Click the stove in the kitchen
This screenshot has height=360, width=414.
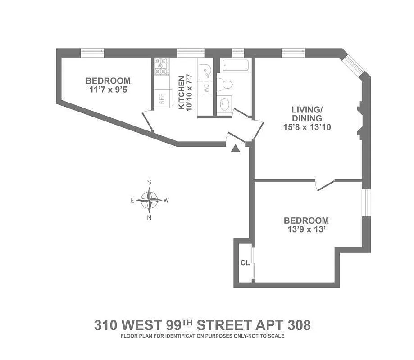click(x=161, y=66)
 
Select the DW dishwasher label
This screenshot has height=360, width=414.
click(x=205, y=86)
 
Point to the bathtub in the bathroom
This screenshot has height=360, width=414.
click(x=236, y=66)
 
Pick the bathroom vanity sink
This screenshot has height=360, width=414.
click(x=224, y=104)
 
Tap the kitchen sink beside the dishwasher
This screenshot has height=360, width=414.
click(x=205, y=70)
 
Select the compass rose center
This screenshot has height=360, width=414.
click(x=149, y=200)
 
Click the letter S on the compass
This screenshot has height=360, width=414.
click(x=149, y=182)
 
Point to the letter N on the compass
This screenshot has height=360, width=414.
click(x=149, y=218)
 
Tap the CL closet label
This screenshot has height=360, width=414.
click(x=245, y=262)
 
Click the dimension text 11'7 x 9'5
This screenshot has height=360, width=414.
click(x=108, y=90)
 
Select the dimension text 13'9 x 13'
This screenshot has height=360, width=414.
click(x=306, y=230)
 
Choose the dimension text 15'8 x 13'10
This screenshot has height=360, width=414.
click(x=306, y=127)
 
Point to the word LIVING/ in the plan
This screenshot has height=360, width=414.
click(x=306, y=109)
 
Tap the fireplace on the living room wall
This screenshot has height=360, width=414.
click(x=360, y=121)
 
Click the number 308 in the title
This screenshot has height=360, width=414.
click(x=298, y=325)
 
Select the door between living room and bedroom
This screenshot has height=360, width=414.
click(x=325, y=184)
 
